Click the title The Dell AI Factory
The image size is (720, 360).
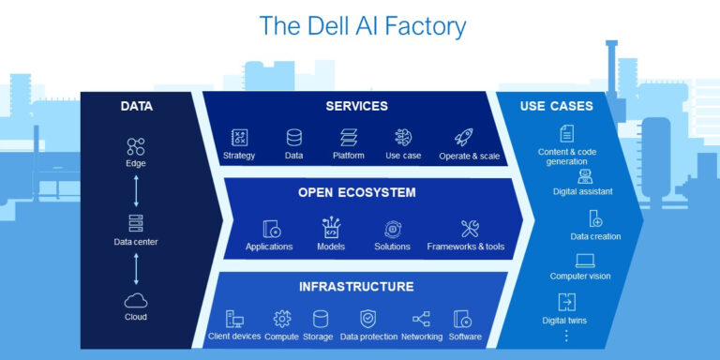pos(361,25)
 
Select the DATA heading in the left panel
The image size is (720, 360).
pos(136,106)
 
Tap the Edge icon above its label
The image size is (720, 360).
pos(136,146)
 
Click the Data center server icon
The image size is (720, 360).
pos(136,223)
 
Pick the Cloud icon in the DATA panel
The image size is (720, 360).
pos(136,301)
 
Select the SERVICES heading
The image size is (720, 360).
pos(356,106)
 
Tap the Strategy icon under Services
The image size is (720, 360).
pos(239,137)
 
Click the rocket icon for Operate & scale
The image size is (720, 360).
pos(463,137)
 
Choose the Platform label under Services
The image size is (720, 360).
pos(348,156)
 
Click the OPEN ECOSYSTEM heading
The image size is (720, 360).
pos(356,192)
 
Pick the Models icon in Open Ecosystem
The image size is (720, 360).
pos(331,228)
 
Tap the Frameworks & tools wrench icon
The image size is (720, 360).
pos(469,228)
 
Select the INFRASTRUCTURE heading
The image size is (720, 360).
pos(356,285)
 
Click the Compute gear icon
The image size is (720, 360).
pos(281,319)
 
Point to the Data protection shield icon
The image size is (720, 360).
pos(367,319)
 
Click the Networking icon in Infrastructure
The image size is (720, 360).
pos(421,319)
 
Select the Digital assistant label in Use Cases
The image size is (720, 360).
pos(582,191)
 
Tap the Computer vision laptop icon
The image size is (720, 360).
pos(585,261)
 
